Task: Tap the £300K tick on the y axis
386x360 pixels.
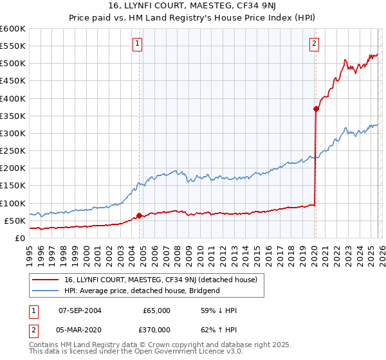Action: click(12, 133)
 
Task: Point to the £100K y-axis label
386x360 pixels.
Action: click(12, 203)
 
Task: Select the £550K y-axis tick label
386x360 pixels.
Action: click(12, 46)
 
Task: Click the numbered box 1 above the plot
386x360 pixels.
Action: click(138, 44)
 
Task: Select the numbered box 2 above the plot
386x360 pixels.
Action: click(314, 44)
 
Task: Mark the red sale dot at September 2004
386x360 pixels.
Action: click(139, 215)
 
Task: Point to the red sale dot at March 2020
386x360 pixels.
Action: click(316, 109)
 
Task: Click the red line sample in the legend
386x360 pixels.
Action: click(46, 280)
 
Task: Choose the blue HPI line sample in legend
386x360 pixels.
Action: click(46, 291)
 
